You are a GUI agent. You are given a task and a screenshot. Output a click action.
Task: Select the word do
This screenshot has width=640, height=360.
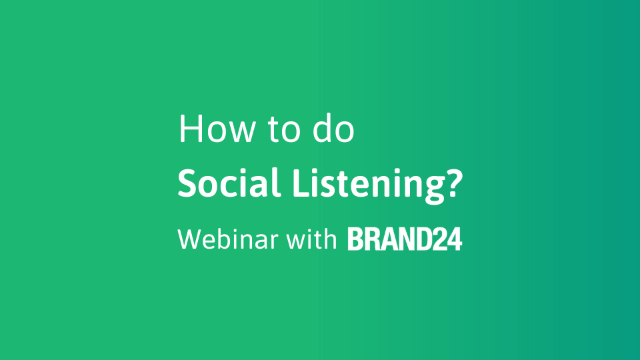333,128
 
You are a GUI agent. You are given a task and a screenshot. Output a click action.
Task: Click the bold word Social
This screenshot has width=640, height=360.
229,183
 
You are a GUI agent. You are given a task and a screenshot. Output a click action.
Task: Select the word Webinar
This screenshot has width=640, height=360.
228,239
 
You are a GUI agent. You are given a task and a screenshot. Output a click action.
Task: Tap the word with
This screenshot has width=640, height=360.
311,239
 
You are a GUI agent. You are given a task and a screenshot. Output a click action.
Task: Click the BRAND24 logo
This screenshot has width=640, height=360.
405,239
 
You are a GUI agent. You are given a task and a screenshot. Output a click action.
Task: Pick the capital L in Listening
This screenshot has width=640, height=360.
303,183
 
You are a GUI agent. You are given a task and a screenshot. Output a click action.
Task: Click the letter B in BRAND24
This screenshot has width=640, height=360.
355,239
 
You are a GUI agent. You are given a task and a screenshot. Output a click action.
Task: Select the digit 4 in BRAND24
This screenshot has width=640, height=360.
454,239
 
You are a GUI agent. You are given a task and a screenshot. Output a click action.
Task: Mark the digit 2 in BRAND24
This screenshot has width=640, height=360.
439,239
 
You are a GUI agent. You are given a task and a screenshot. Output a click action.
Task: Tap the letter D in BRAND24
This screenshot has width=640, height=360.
423,239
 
